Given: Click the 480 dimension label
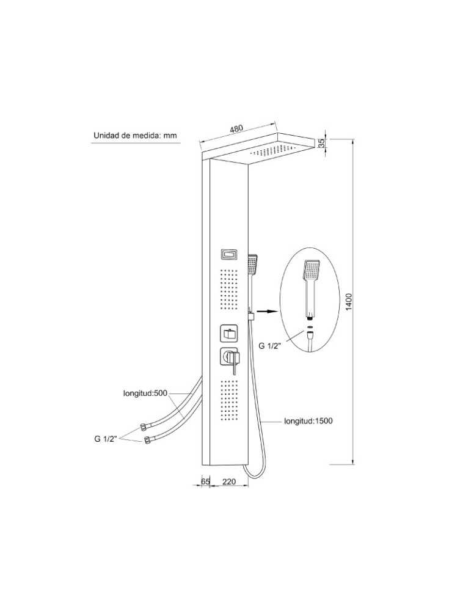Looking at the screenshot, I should [x=236, y=129].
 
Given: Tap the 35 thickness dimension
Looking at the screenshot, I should [x=321, y=142].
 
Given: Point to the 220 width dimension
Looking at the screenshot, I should [x=229, y=482].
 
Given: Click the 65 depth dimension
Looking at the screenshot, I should [x=205, y=482].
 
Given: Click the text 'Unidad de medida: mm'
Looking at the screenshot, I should [x=134, y=136].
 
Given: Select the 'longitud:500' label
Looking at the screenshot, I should [x=145, y=393].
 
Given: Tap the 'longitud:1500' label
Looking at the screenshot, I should [x=308, y=421].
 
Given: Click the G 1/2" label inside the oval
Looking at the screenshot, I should [x=269, y=346].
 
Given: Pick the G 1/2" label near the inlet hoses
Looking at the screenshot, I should [x=106, y=438].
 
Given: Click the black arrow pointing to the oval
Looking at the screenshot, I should [x=264, y=312].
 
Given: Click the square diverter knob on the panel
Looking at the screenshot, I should [x=228, y=334].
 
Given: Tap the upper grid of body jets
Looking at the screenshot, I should [x=228, y=287].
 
